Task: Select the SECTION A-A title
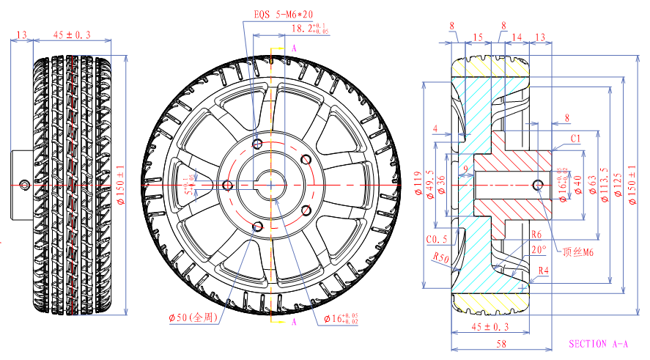[598, 343]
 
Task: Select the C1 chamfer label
[575, 138]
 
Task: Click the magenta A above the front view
[294, 48]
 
